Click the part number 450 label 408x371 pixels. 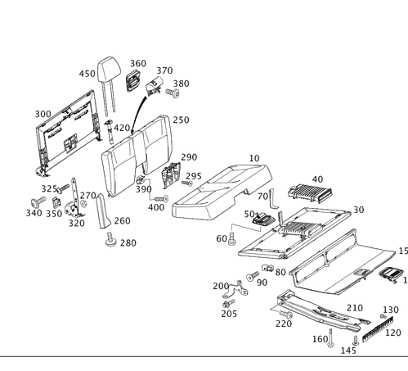point(87,74)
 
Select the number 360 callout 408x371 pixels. point(138,63)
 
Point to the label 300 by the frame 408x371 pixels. point(43,112)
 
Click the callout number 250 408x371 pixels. point(181,120)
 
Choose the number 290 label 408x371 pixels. point(189,157)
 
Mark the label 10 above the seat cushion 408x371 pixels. point(253,157)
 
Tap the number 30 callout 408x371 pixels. point(357,210)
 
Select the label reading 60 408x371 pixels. point(221,238)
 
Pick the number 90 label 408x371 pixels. point(262,283)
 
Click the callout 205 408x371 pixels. point(229,314)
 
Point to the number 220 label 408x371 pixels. point(283,323)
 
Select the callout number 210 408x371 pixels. point(354,308)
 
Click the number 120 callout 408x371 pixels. point(393,333)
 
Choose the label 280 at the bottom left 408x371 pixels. point(128,243)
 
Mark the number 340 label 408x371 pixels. point(34,213)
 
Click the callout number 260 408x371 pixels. point(122,221)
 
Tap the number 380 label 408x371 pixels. point(181,84)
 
